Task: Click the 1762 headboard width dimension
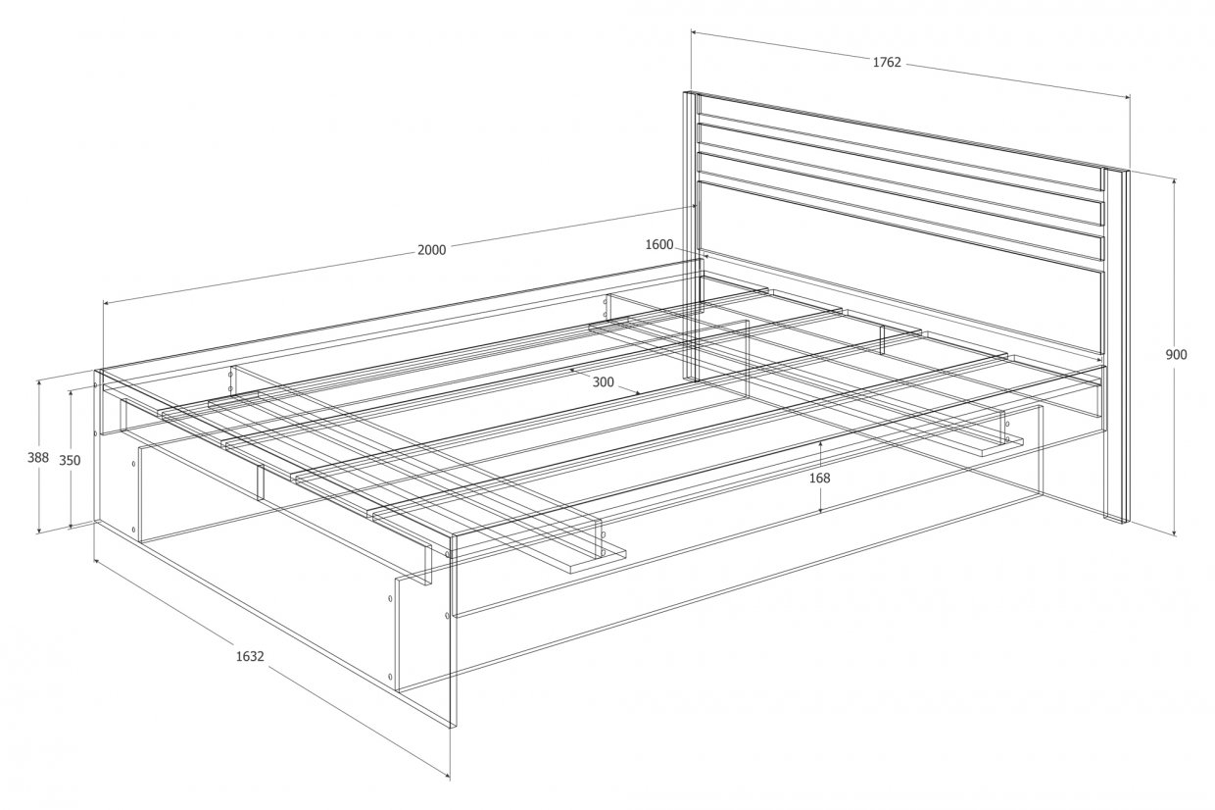887,63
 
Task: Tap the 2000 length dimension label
432,250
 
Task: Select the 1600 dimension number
659,245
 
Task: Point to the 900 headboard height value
1176,355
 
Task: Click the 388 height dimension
38,458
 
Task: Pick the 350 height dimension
70,460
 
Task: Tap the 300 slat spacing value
603,382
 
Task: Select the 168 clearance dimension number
819,479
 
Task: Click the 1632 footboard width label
250,656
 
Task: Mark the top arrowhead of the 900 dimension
1174,181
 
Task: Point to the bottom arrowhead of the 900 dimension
1174,532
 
